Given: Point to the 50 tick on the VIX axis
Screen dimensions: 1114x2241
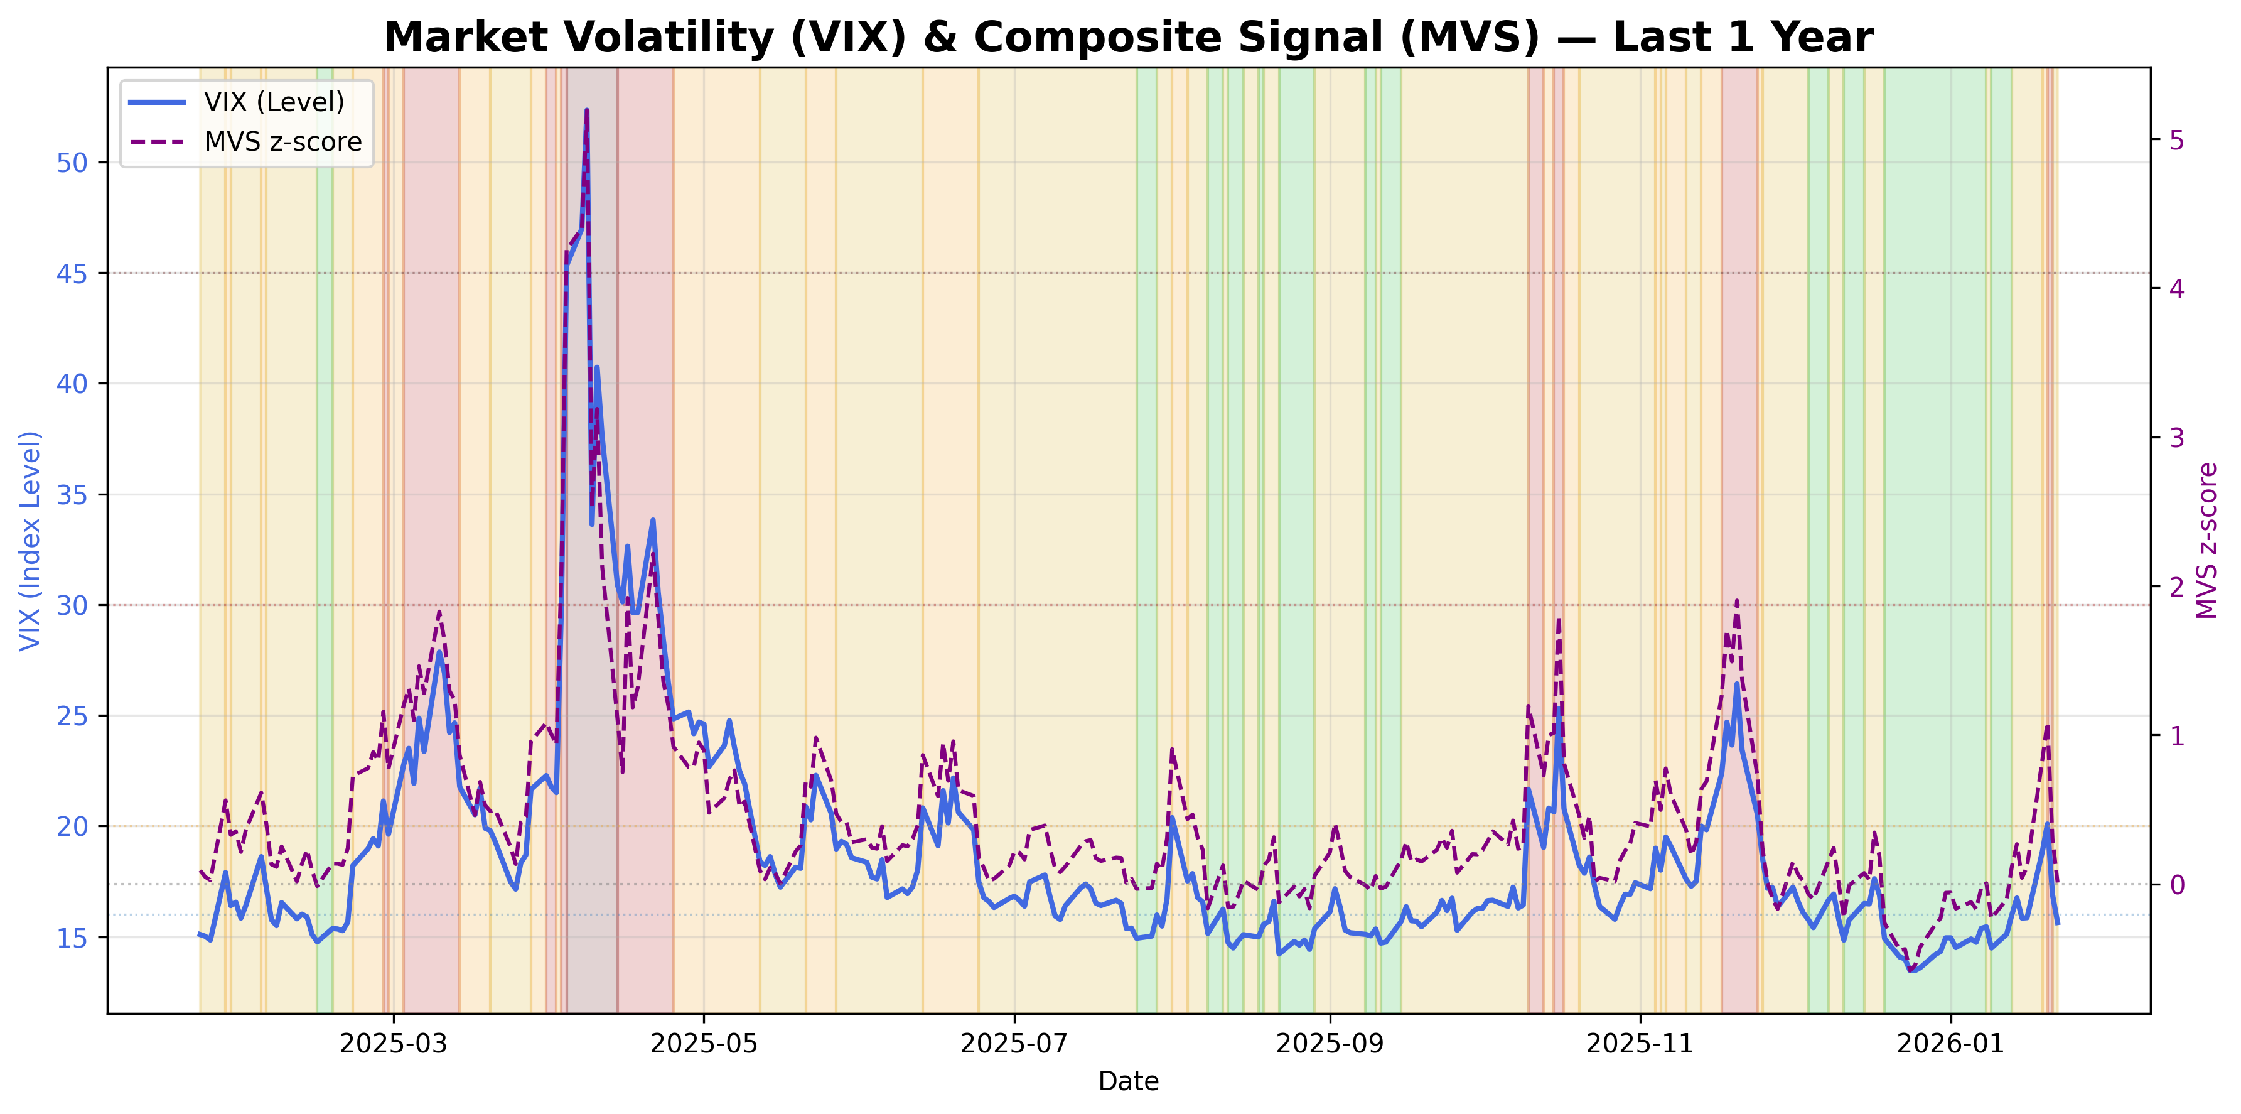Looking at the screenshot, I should point(72,163).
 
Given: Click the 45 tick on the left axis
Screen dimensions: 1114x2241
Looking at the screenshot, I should point(72,273).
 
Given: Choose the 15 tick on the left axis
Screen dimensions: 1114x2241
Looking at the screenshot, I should point(72,938).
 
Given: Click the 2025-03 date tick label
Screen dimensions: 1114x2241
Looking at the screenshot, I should point(393,1044).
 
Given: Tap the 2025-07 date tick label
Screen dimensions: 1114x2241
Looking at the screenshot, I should point(1014,1044).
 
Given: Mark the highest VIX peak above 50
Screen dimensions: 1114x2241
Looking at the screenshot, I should point(586,111).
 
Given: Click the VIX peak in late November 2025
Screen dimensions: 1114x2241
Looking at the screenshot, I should point(1736,684).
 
